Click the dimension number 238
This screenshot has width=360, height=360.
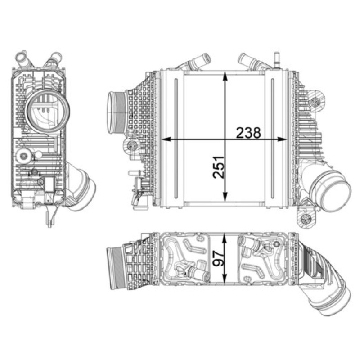[248, 133]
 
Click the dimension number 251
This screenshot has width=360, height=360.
[219, 167]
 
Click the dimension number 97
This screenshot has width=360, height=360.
[219, 258]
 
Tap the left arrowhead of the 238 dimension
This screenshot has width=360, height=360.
[166, 139]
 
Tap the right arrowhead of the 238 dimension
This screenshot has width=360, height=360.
[282, 139]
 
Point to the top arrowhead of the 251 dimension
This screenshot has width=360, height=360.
[225, 76]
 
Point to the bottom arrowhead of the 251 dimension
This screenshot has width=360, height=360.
[225, 197]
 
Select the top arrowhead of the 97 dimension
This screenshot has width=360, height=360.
[225, 238]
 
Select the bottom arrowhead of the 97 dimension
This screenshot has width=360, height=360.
[225, 277]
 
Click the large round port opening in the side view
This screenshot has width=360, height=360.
[48, 111]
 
